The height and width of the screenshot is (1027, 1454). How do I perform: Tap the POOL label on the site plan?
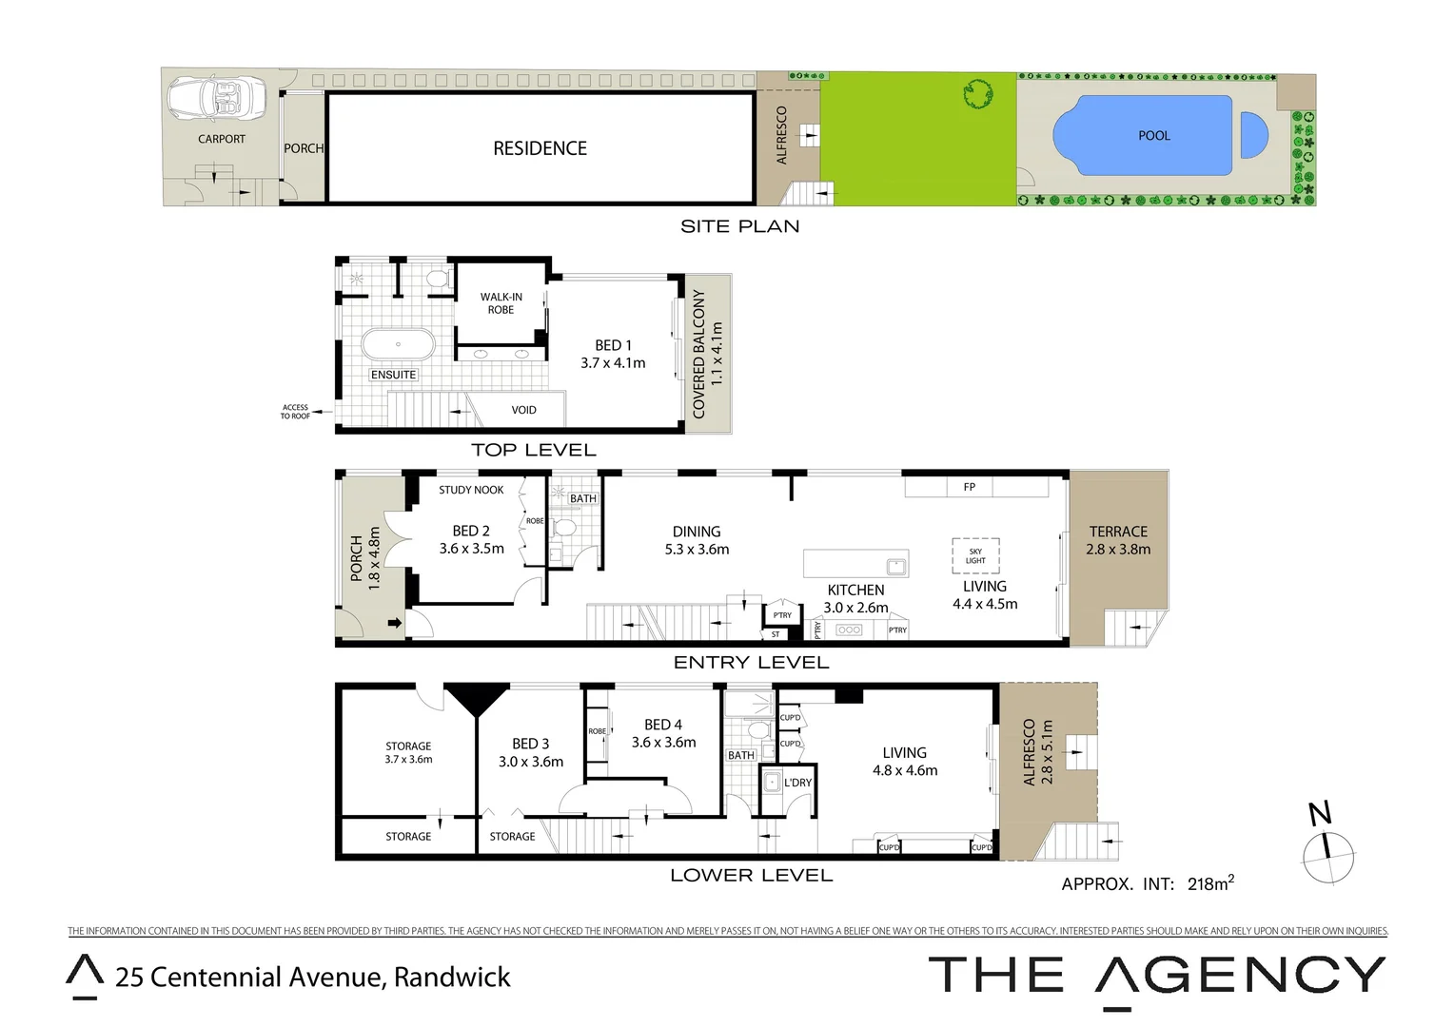pyautogui.click(x=1153, y=136)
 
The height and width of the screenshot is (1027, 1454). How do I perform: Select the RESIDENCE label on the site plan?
pyautogui.click(x=540, y=148)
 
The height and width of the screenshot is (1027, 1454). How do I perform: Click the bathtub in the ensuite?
pyautogui.click(x=398, y=344)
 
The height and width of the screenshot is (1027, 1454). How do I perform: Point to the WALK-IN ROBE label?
pyautogui.click(x=501, y=303)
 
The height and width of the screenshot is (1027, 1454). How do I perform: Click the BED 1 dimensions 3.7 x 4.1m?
pyautogui.click(x=613, y=363)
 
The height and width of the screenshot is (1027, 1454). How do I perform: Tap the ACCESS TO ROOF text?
pyautogui.click(x=295, y=412)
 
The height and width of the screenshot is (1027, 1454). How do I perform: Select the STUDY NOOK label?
pyautogui.click(x=471, y=490)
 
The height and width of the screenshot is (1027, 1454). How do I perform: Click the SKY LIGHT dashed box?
pyautogui.click(x=975, y=555)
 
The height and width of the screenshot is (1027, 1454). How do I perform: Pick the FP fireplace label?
pyautogui.click(x=969, y=487)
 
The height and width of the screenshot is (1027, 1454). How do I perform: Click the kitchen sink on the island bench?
pyautogui.click(x=895, y=567)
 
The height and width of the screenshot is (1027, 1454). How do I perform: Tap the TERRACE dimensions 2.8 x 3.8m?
pyautogui.click(x=1118, y=550)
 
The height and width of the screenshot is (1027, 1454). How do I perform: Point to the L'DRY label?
pyautogui.click(x=797, y=783)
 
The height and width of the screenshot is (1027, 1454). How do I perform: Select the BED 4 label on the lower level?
pyautogui.click(x=662, y=725)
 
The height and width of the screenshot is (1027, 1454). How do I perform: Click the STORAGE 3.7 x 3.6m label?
pyautogui.click(x=408, y=752)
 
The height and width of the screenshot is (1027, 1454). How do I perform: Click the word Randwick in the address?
pyautogui.click(x=452, y=977)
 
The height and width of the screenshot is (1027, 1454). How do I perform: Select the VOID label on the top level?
pyautogui.click(x=523, y=410)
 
